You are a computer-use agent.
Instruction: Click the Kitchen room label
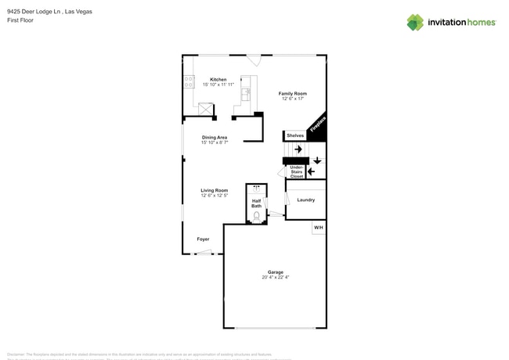(x=218, y=79)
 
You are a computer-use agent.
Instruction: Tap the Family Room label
(x=292, y=93)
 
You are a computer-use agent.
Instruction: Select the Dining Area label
(x=214, y=137)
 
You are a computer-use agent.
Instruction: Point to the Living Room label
(x=214, y=190)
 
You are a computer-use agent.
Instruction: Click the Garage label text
(x=275, y=272)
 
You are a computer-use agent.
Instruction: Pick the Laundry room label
(x=305, y=200)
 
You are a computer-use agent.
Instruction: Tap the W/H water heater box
(x=318, y=228)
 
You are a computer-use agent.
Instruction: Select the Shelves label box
(x=294, y=135)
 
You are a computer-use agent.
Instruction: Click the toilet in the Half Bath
(x=257, y=216)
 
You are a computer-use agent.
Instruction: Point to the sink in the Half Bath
(x=257, y=188)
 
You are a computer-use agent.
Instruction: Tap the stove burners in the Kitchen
(x=189, y=79)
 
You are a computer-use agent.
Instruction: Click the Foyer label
(x=203, y=239)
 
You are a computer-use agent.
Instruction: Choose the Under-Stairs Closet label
(x=297, y=171)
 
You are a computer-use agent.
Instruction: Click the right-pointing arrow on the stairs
(x=298, y=149)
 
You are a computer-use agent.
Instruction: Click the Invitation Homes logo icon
(x=414, y=22)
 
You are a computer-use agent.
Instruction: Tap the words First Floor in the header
(x=20, y=21)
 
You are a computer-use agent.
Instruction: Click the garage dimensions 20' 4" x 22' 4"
(x=275, y=278)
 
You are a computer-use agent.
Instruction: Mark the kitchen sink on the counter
(x=245, y=93)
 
